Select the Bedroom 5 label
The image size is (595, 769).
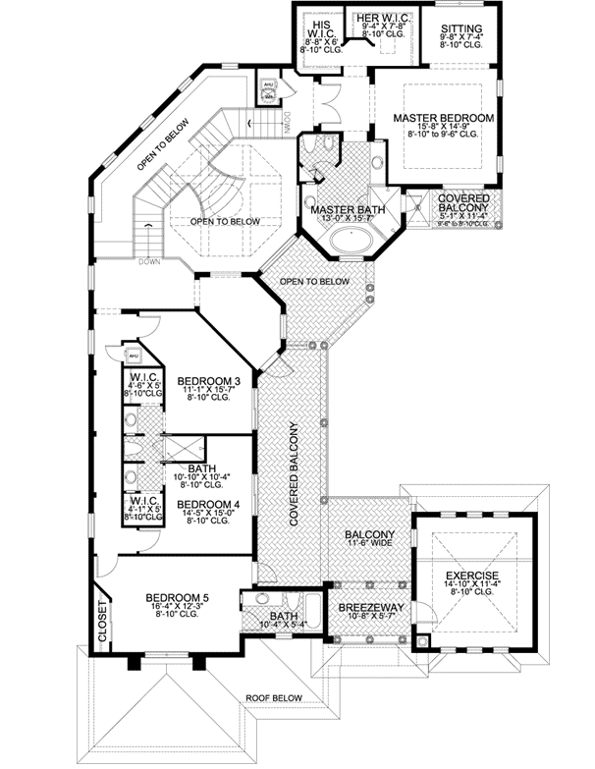177,597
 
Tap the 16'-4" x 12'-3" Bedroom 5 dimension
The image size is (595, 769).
177,608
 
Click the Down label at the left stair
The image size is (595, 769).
149,261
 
